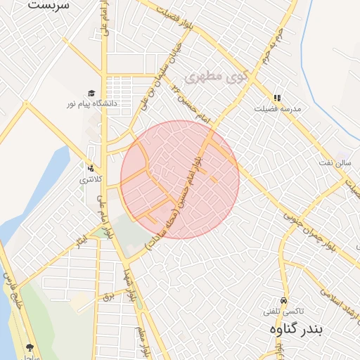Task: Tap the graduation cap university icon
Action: [x=91, y=94]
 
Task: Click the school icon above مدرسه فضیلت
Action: [x=277, y=98]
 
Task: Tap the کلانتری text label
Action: [x=90, y=179]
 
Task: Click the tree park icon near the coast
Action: [x=30, y=347]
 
